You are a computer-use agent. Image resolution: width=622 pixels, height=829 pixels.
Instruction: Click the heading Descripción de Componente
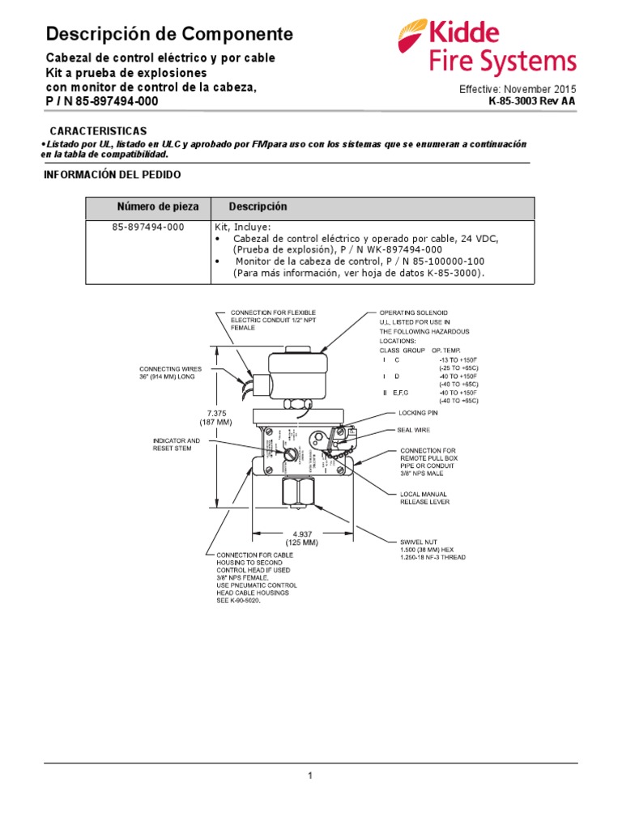(x=169, y=34)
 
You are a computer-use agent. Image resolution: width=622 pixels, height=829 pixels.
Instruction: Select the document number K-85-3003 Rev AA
(x=533, y=101)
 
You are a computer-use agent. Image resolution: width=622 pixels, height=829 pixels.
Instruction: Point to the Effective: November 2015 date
(x=518, y=89)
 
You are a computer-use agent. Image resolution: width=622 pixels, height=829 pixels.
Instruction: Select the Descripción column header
(x=258, y=207)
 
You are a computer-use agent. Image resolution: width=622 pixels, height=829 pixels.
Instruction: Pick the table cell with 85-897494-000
(x=148, y=227)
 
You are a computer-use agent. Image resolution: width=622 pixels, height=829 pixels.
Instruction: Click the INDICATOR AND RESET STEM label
(x=177, y=444)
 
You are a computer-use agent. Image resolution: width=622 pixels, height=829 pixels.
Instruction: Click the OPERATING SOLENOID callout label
(x=414, y=312)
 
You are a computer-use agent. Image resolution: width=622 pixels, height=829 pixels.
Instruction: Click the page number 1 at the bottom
(x=309, y=776)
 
